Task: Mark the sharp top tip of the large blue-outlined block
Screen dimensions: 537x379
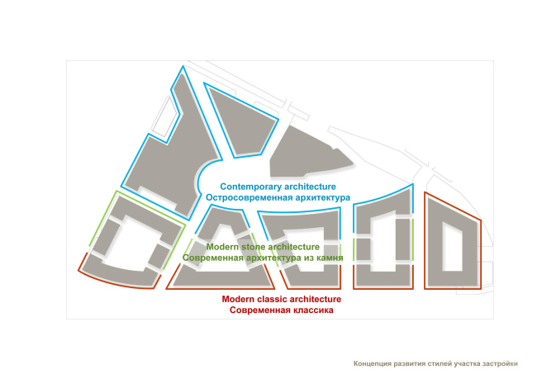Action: point(183,66)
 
